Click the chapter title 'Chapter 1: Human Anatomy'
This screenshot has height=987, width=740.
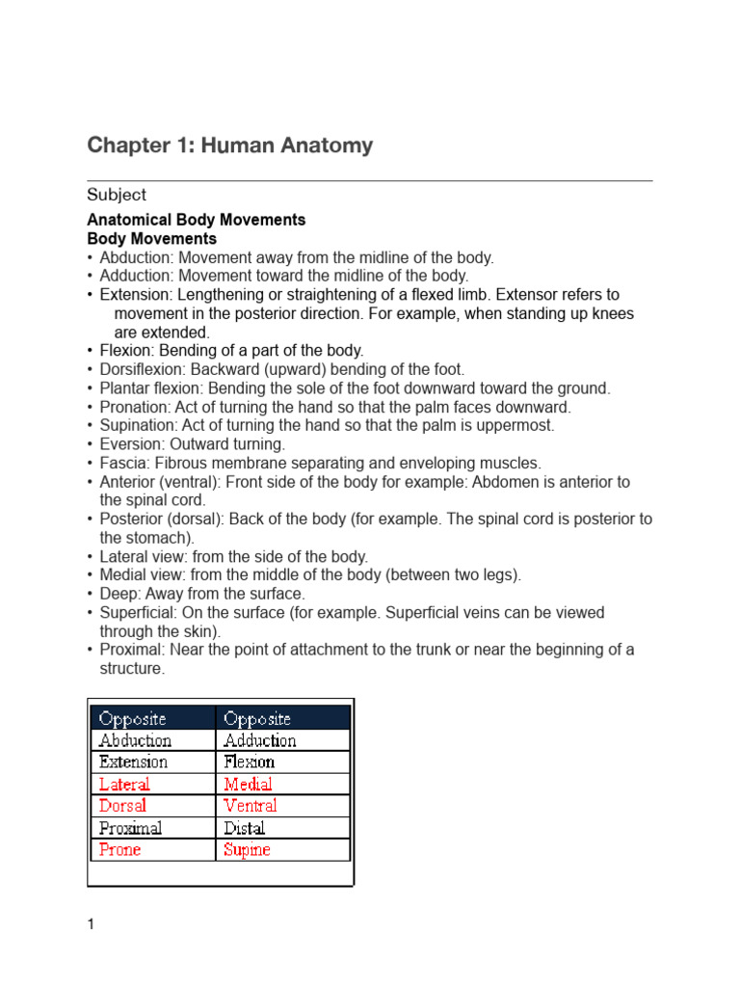pyautogui.click(x=229, y=146)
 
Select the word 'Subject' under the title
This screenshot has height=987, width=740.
pyautogui.click(x=117, y=195)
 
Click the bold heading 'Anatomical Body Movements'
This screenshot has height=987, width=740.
pyautogui.click(x=196, y=220)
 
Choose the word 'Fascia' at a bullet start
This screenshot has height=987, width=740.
pyautogui.click(x=122, y=464)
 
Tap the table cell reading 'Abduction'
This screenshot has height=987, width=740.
pyautogui.click(x=135, y=740)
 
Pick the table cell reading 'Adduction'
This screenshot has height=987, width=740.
pyautogui.click(x=259, y=740)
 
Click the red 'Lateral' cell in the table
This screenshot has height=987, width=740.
pyautogui.click(x=124, y=784)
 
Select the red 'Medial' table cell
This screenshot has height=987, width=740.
pyautogui.click(x=248, y=784)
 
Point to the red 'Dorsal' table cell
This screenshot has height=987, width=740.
pyautogui.click(x=122, y=805)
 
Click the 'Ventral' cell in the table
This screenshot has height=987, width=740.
pyautogui.click(x=250, y=805)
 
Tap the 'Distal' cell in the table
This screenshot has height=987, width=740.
pyautogui.click(x=244, y=828)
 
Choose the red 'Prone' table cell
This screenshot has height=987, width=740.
pyautogui.click(x=119, y=849)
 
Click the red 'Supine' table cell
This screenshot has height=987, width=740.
pyautogui.click(x=247, y=849)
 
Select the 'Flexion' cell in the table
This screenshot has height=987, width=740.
pyautogui.click(x=249, y=761)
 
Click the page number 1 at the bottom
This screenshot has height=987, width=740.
pyautogui.click(x=91, y=925)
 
